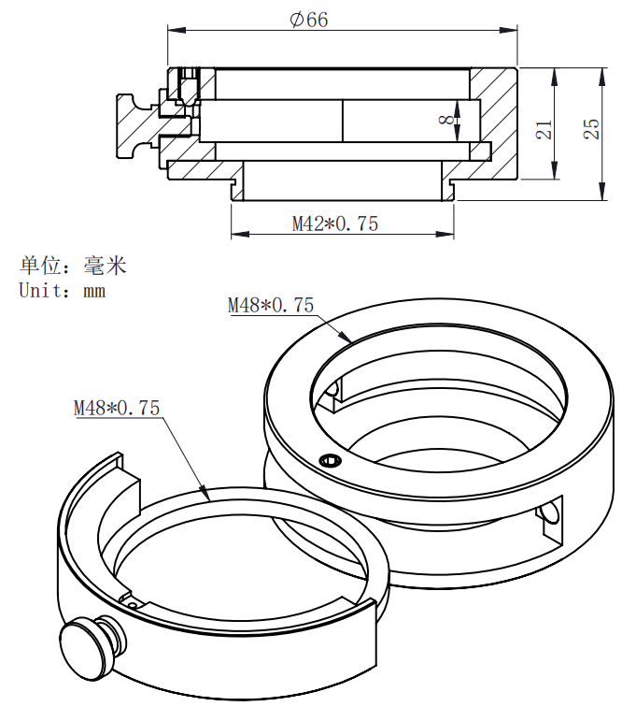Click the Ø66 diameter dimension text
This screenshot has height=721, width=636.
coord(309,19)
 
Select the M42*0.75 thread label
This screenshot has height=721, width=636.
coord(334,224)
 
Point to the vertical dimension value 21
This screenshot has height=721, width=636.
coord(544,130)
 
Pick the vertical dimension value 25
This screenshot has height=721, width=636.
coord(591,130)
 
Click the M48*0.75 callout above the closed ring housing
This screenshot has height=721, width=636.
coord(271,305)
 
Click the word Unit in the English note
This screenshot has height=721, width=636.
coord(39,290)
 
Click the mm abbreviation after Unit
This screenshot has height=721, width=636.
coord(94,291)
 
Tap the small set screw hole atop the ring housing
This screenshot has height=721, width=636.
coord(329,460)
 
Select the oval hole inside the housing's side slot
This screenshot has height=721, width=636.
coord(553,514)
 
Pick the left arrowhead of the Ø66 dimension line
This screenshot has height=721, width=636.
coord(173,30)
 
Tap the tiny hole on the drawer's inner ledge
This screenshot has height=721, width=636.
coord(134,604)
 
